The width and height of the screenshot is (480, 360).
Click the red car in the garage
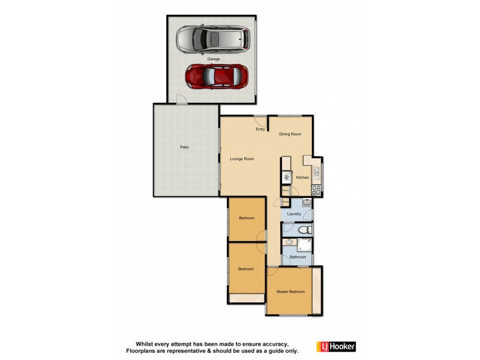[x=217, y=76]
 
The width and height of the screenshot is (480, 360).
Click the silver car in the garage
[x=212, y=39]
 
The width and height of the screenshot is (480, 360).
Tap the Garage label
[x=214, y=59]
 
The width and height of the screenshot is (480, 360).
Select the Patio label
[x=185, y=147]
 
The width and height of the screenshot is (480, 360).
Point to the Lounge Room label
[x=242, y=159]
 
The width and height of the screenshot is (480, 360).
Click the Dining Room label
[x=290, y=134]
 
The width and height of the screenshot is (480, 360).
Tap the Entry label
[x=260, y=129]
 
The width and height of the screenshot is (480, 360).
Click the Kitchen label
[x=302, y=178]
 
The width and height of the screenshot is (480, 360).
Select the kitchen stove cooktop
[x=316, y=191]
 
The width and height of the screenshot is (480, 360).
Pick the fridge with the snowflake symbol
[x=287, y=178]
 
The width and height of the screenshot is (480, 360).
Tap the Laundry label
[x=294, y=214]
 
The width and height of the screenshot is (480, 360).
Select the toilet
[x=304, y=229]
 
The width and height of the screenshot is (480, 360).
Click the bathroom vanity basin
[x=289, y=242]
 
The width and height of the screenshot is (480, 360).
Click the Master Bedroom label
[x=290, y=292]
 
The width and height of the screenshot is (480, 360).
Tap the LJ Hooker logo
[x=336, y=346]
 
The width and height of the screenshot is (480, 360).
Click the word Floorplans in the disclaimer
[x=140, y=350]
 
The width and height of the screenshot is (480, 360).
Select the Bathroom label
[x=298, y=257]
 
